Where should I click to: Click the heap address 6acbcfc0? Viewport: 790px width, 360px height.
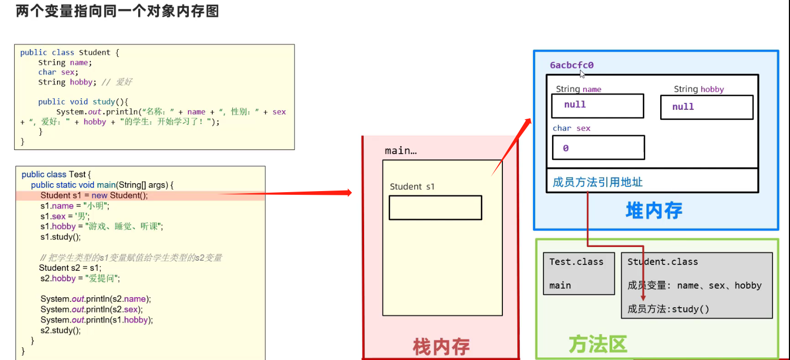tap(572, 65)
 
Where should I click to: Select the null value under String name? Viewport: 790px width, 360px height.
tap(575, 105)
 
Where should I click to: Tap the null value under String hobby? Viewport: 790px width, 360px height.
tap(683, 107)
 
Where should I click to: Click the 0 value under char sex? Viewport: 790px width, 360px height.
tap(566, 148)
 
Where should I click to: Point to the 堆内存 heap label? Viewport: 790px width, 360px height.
tap(654, 211)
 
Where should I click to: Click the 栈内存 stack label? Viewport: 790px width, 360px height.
tap(441, 347)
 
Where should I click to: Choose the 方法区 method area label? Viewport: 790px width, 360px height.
tap(597, 344)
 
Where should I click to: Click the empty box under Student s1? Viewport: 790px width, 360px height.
tap(435, 207)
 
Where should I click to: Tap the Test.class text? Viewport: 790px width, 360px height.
tap(576, 262)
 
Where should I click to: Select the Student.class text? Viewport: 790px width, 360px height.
tap(662, 262)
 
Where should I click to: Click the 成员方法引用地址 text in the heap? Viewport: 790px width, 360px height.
tap(597, 183)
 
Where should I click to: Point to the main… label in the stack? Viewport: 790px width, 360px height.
tap(401, 151)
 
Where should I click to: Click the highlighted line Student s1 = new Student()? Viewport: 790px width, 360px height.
tap(94, 195)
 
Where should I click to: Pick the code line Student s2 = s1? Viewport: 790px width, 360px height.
tap(70, 268)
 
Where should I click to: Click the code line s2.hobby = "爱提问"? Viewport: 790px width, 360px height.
tap(80, 278)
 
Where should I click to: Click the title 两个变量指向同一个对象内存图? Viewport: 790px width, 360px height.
tap(117, 11)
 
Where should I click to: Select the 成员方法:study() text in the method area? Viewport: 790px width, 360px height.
tap(668, 309)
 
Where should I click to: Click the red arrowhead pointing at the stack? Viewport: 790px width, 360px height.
tap(347, 193)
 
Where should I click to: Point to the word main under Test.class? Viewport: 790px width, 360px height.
tap(560, 286)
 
